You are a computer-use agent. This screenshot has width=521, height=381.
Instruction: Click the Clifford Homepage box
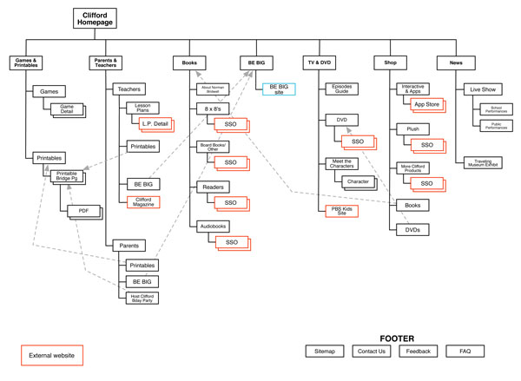click(x=95, y=19)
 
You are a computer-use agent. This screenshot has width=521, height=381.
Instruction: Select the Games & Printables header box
click(x=27, y=63)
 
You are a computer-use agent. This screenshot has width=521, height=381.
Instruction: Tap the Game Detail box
click(x=66, y=108)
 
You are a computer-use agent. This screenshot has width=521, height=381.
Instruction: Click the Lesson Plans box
click(x=142, y=108)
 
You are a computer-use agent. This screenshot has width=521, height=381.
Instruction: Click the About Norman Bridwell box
click(x=209, y=89)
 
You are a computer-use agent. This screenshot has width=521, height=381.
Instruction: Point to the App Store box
click(x=426, y=103)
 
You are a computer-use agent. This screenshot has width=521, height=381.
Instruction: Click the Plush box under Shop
click(x=412, y=128)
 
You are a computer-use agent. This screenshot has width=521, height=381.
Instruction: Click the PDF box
click(x=83, y=210)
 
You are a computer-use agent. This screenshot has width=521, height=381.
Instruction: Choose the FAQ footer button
click(x=465, y=351)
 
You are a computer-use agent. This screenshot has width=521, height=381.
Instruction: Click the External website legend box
click(x=51, y=355)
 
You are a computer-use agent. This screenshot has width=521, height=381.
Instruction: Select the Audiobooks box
click(x=213, y=225)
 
